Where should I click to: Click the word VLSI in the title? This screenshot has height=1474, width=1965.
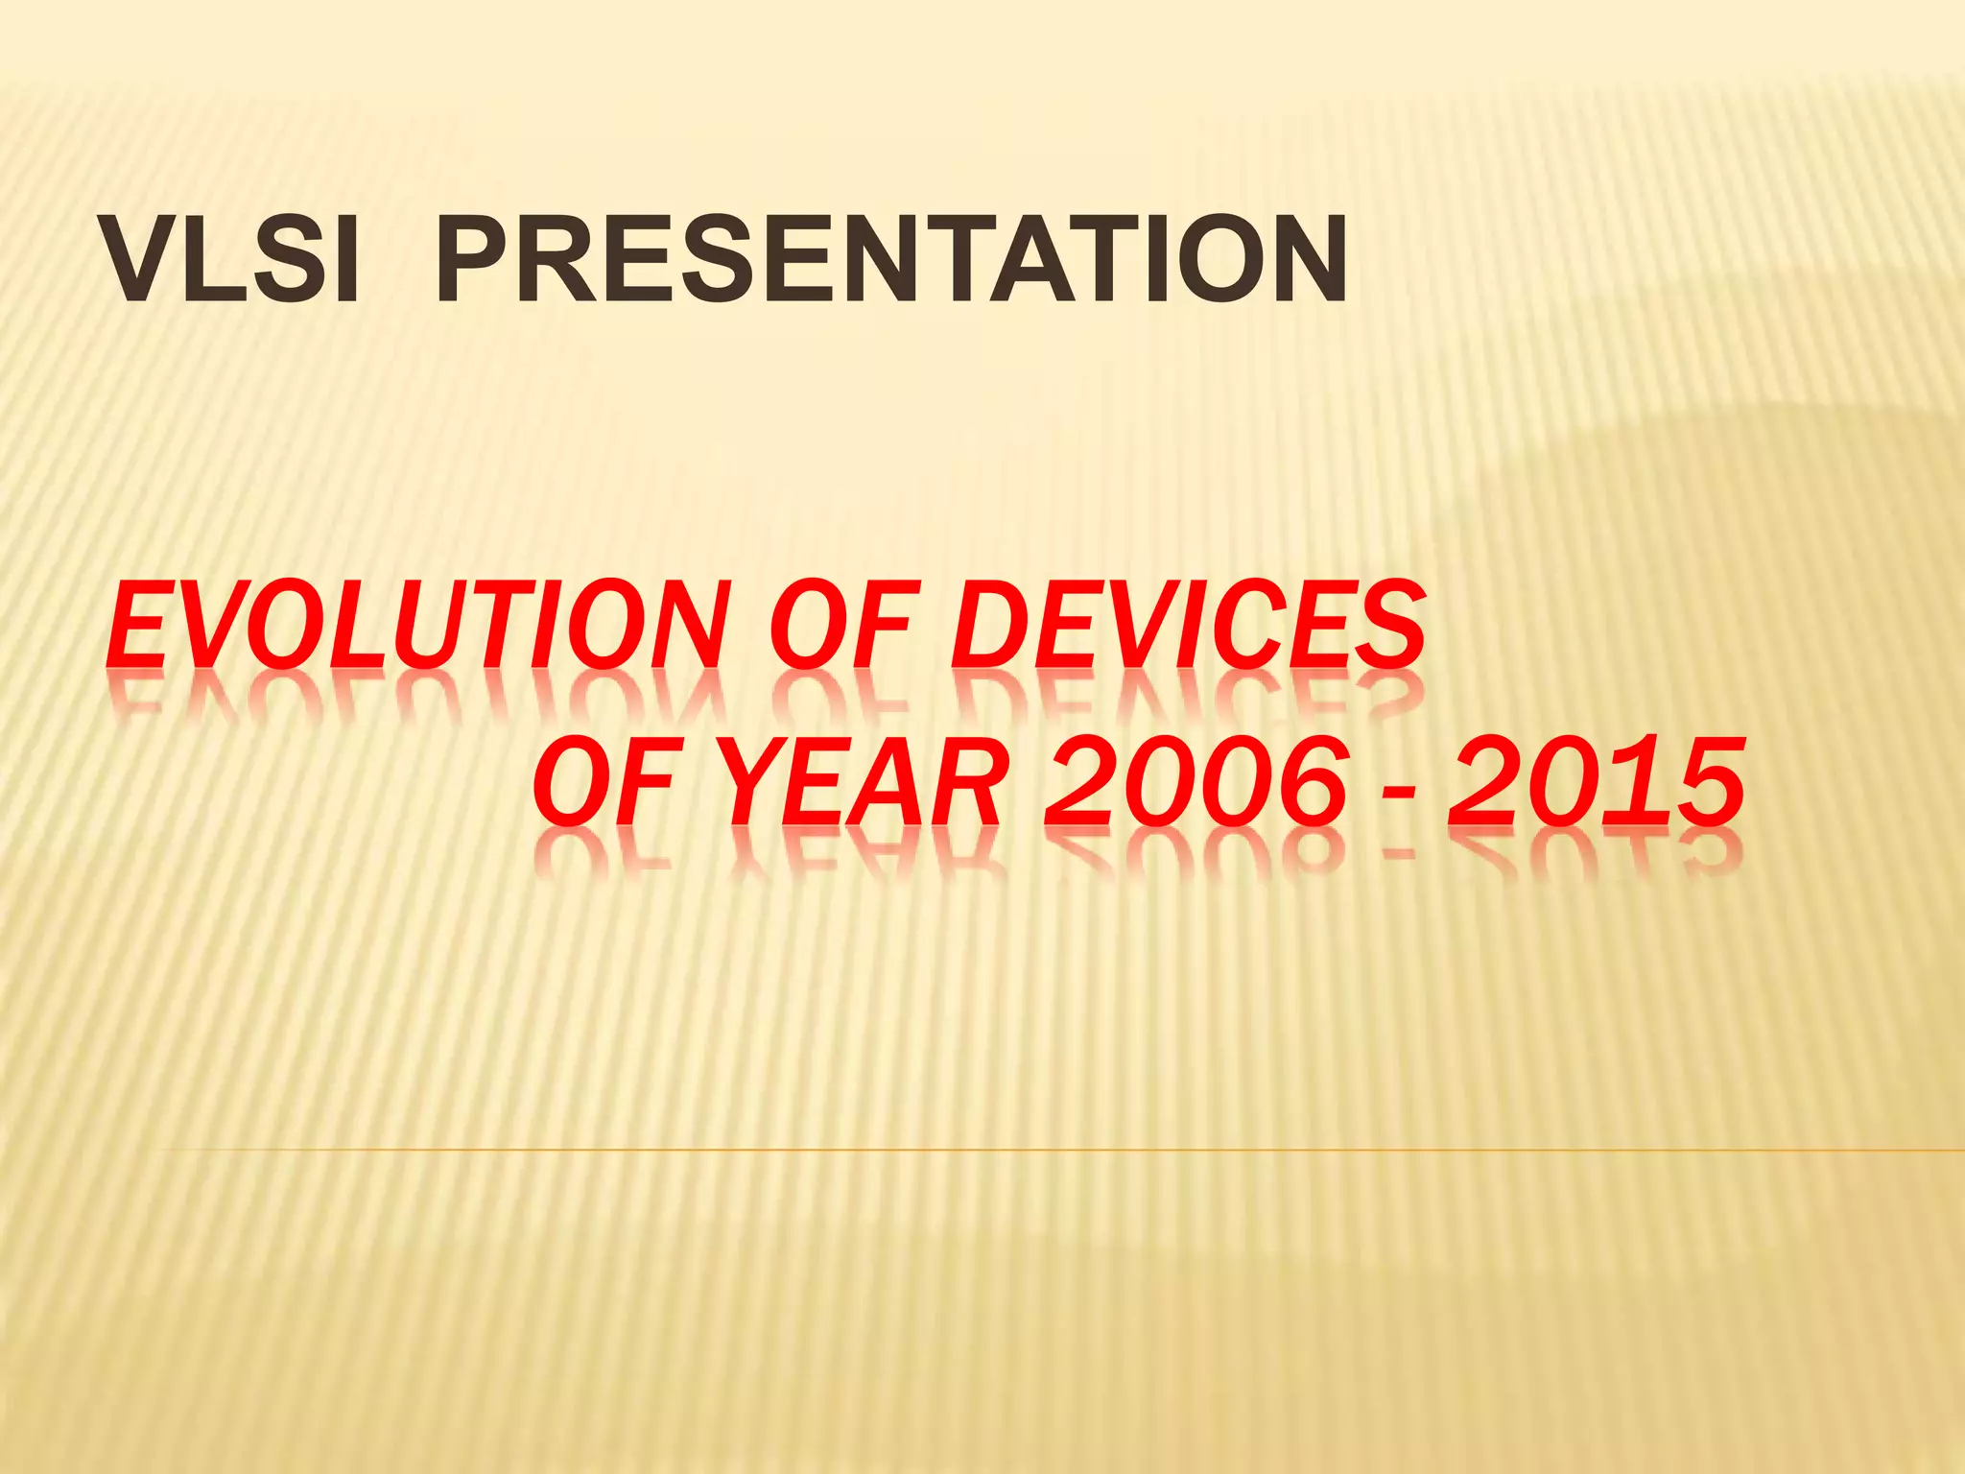231,259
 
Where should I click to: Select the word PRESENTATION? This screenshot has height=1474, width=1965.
892,259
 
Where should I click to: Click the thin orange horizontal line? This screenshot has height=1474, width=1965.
1055,1149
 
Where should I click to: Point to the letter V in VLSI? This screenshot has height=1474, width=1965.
144,259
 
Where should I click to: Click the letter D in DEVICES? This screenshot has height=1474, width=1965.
993,626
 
